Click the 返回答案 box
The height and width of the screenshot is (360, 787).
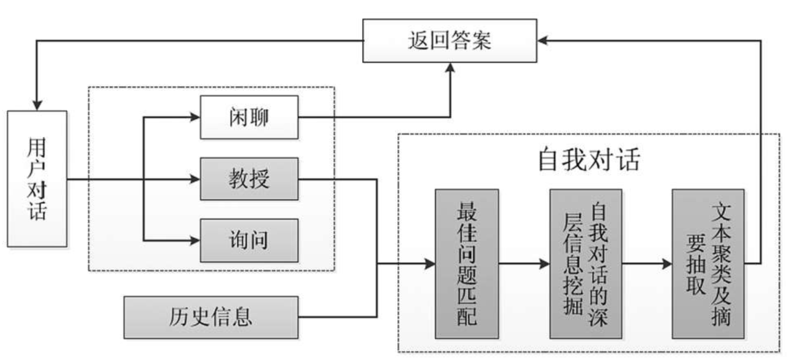click(x=449, y=41)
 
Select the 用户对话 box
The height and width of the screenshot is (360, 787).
click(x=37, y=178)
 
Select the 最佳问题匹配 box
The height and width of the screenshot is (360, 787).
click(x=466, y=263)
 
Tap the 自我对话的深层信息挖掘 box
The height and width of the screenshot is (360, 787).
click(x=585, y=263)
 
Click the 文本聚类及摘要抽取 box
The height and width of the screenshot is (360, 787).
click(x=708, y=263)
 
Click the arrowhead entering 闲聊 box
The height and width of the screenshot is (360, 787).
click(x=195, y=117)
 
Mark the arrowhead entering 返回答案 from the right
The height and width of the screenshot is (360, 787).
click(x=542, y=41)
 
